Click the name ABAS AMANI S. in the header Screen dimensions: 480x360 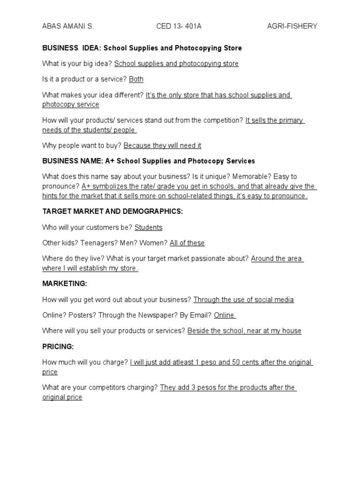coord(68,26)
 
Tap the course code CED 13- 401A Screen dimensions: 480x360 coord(179,26)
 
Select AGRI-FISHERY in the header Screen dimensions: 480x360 coord(292,26)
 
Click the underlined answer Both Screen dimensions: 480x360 coord(136,79)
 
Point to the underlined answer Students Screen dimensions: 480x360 coord(148,227)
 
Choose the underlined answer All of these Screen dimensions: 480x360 coord(187,243)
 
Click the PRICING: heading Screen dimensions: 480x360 coord(58,346)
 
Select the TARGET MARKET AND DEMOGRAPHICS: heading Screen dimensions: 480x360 coord(112,211)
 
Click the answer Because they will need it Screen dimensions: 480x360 coord(162,145)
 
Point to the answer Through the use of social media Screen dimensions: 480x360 coord(243,300)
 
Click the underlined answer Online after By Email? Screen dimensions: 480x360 coord(224,315)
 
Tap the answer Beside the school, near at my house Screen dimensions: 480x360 coord(244,331)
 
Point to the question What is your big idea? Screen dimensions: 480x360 coord(77,63)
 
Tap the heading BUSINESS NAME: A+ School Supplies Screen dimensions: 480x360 coord(149,161)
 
